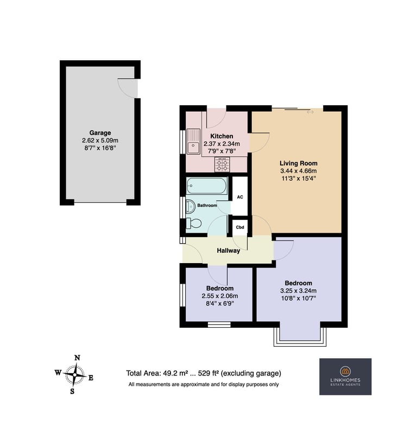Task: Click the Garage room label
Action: pos(100,133)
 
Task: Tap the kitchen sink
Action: pos(193,142)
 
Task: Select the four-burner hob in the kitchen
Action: pos(222,165)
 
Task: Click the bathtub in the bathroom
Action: pos(207,186)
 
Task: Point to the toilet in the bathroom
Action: pos(193,224)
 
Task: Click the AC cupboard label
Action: pos(240,197)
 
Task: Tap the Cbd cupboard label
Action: pos(240,227)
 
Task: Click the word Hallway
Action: pos(228,251)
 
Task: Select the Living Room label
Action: pos(298,163)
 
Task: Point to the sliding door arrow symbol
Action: pos(310,112)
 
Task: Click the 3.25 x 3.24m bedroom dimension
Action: pos(298,291)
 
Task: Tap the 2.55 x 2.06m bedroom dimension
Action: pos(220,296)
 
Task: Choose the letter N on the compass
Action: pos(77,358)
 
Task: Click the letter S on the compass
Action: pos(72,391)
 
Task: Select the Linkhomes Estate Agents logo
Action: pos(345,377)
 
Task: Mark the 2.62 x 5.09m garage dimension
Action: pos(100,141)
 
